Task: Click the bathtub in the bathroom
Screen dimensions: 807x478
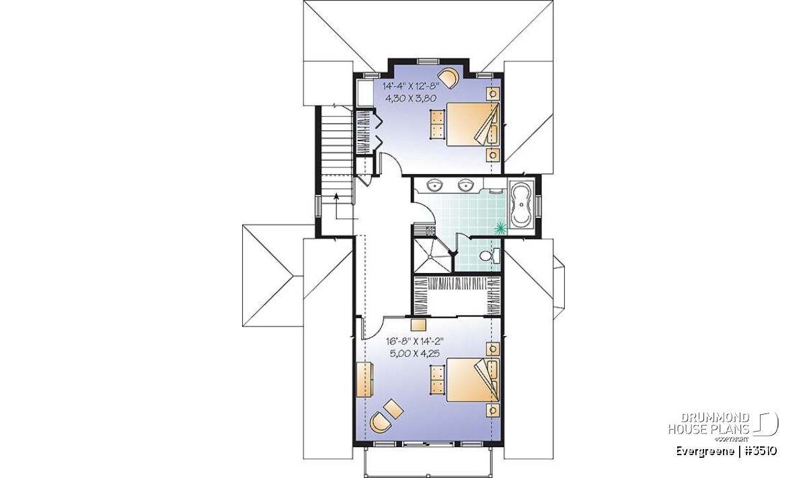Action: coord(521,204)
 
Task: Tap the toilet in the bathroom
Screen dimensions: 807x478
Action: coord(490,255)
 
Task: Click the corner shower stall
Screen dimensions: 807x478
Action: coord(432,255)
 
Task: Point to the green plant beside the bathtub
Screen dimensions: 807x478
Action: coord(500,228)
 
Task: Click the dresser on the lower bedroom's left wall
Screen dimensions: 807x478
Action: coord(364,380)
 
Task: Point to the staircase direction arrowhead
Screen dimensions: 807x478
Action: coord(336,196)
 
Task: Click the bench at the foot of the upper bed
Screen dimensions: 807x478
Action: coord(437,124)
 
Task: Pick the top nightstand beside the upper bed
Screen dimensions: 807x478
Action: coord(493,93)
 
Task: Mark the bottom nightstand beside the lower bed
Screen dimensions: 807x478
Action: coord(493,410)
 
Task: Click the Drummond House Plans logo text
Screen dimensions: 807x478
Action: coord(709,424)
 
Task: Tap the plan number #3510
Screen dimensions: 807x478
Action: coord(758,451)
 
